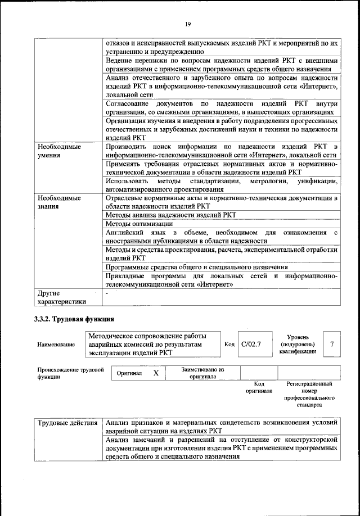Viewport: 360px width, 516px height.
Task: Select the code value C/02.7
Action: click(251, 344)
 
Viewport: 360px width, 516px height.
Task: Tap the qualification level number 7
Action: click(332, 344)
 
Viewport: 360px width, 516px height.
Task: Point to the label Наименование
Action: click(56, 345)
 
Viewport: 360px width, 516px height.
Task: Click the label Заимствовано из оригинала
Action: click(202, 374)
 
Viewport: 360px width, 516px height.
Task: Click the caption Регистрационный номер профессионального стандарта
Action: click(309, 393)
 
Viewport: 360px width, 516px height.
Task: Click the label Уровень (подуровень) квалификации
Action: click(298, 343)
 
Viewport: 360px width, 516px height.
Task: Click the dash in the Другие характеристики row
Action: click(107, 293)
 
